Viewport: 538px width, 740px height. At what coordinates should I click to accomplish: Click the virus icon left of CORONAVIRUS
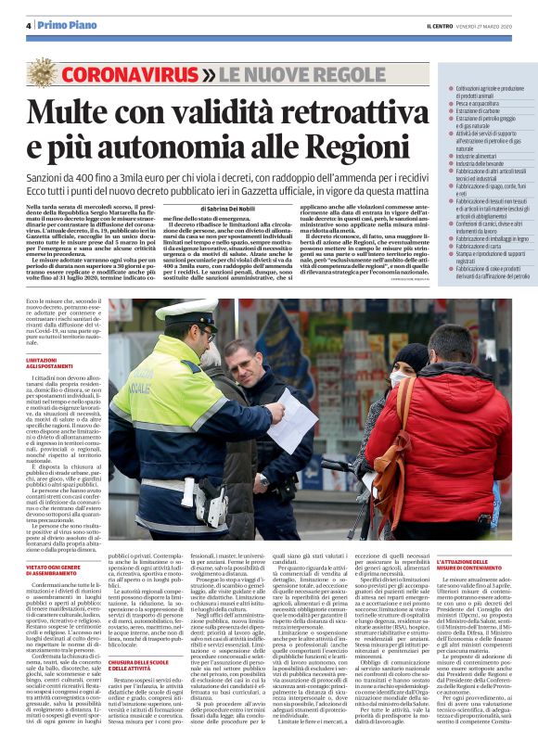pyautogui.click(x=45, y=72)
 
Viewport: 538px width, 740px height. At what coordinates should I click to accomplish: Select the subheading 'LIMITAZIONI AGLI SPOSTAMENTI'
pyautogui.click(x=47, y=362)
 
